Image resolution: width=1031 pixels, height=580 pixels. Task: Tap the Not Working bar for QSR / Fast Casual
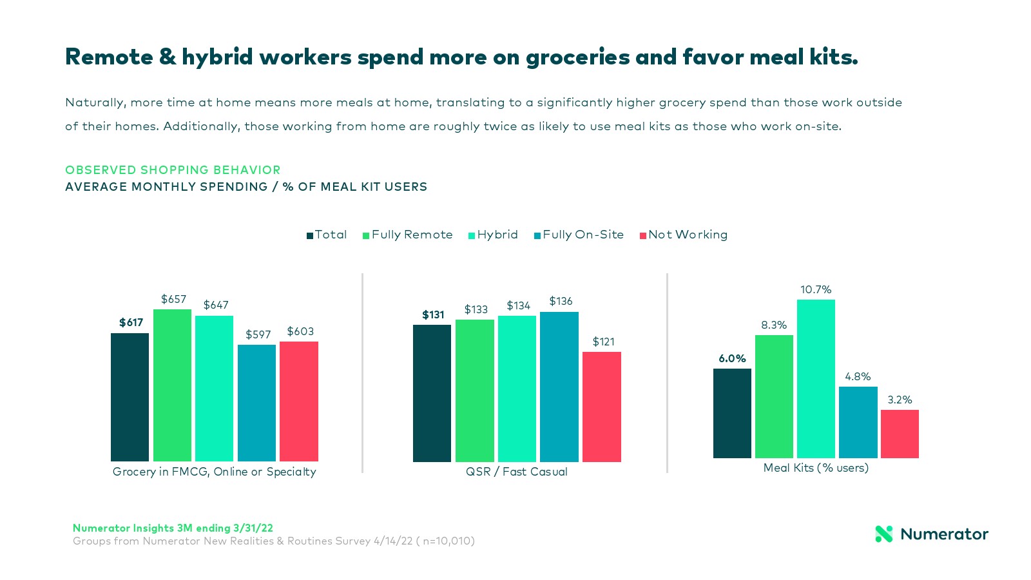pyautogui.click(x=601, y=407)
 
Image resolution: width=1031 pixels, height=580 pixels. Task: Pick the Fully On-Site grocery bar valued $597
pyautogui.click(x=256, y=403)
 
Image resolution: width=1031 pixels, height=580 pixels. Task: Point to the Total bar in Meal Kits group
pyautogui.click(x=732, y=413)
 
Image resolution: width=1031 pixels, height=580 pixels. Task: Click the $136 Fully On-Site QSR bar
pyautogui.click(x=559, y=387)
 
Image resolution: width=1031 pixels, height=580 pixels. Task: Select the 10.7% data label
pyautogui.click(x=816, y=290)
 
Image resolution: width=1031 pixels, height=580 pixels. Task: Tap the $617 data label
pyautogui.click(x=131, y=323)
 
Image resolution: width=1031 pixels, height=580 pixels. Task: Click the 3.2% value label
pyautogui.click(x=900, y=400)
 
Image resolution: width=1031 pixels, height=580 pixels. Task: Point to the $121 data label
pyautogui.click(x=603, y=342)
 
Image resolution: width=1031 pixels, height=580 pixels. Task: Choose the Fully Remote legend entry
pyautogui.click(x=408, y=235)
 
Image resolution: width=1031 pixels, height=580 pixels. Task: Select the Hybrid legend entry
pyautogui.click(x=494, y=235)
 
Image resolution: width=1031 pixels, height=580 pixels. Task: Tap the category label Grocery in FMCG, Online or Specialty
pyautogui.click(x=215, y=472)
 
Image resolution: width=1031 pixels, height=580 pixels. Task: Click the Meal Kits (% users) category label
pyautogui.click(x=816, y=468)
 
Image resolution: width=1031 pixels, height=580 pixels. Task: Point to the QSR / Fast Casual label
pyautogui.click(x=517, y=472)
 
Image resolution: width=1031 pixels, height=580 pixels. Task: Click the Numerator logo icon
pyautogui.click(x=883, y=534)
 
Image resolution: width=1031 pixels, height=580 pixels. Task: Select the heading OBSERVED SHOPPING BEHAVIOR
pyautogui.click(x=173, y=170)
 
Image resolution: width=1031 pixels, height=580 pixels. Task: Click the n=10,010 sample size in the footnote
pyautogui.click(x=448, y=541)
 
